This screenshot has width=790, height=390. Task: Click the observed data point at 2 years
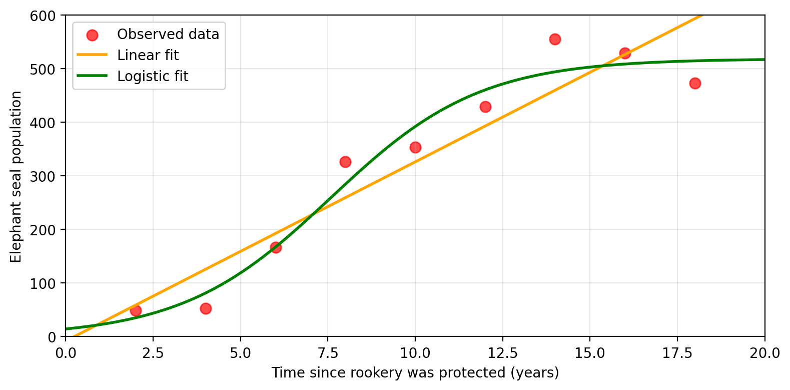pyautogui.click(x=136, y=310)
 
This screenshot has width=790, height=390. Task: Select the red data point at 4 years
pyautogui.click(x=206, y=308)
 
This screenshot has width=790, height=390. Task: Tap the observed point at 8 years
pyautogui.click(x=345, y=162)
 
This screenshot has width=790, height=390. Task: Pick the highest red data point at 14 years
pyautogui.click(x=555, y=39)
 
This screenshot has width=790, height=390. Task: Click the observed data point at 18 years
pyautogui.click(x=695, y=83)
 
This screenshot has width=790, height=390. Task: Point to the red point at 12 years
pyautogui.click(x=485, y=107)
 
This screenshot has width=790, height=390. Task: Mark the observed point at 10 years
pyautogui.click(x=415, y=147)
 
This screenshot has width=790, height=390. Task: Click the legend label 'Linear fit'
pyautogui.click(x=148, y=55)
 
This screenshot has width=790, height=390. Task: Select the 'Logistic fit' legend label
pyautogui.click(x=153, y=76)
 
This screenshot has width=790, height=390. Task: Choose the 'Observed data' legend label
pyautogui.click(x=168, y=34)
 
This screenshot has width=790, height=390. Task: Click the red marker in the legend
pyautogui.click(x=92, y=35)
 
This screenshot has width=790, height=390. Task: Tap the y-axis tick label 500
pyautogui.click(x=48, y=69)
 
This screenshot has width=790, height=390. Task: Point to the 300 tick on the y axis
pyautogui.click(x=48, y=176)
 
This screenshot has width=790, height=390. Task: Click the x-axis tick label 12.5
pyautogui.click(x=502, y=353)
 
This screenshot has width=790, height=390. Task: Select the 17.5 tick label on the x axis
pyautogui.click(x=677, y=353)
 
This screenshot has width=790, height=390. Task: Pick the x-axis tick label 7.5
pyautogui.click(x=328, y=353)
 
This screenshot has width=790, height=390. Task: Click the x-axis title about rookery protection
pyautogui.click(x=415, y=373)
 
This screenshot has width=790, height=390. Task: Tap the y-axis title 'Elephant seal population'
pyautogui.click(x=16, y=176)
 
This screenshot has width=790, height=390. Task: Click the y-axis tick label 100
pyautogui.click(x=48, y=283)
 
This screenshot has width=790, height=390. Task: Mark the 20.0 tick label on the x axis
pyautogui.click(x=764, y=353)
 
